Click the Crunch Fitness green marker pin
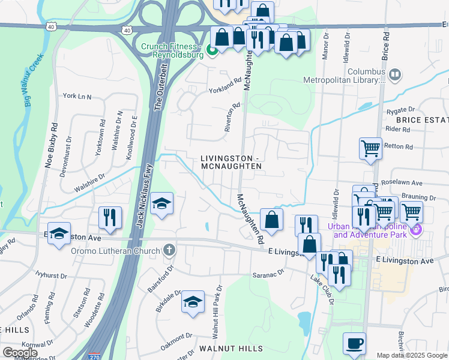click(211, 50)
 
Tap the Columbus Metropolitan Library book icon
click(395, 74)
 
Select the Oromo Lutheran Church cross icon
click(170, 250)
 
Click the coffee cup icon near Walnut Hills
click(354, 344)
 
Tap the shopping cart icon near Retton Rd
click(371, 148)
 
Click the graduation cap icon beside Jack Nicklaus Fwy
click(162, 203)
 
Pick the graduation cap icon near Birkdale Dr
click(193, 302)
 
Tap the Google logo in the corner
click(19, 353)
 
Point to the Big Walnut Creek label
click(34, 80)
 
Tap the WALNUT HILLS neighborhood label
click(231, 349)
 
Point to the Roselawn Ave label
click(406, 183)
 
